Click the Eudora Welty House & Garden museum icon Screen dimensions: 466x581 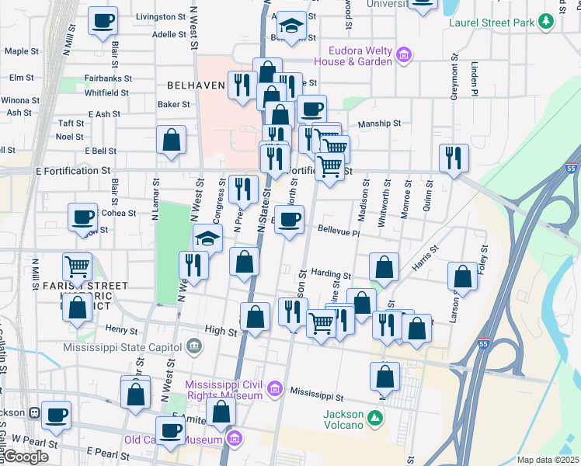click(403, 55)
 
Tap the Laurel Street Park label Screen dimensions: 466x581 click(492, 23)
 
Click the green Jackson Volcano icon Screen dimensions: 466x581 click(375, 419)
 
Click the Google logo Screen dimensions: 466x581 click(26, 457)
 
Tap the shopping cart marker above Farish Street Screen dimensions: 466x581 click(77, 267)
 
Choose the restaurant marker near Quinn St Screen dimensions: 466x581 click(452, 158)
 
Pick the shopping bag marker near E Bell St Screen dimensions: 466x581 click(172, 141)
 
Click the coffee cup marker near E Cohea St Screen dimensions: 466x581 click(82, 218)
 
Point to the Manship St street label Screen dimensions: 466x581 click(379, 123)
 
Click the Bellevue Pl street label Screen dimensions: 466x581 click(339, 231)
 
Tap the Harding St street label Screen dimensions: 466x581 click(331, 274)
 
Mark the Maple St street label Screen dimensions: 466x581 click(22, 52)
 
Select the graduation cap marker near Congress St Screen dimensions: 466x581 click(207, 238)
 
